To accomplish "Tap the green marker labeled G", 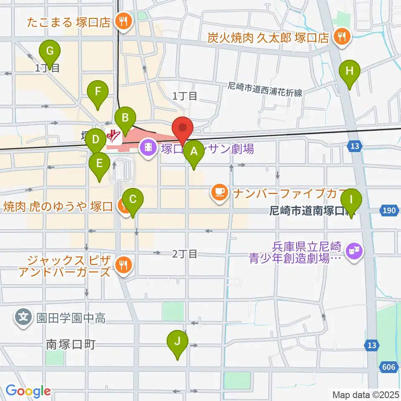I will tap(50, 52).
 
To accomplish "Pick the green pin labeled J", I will tap(178, 342).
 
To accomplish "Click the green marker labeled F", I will tap(98, 91).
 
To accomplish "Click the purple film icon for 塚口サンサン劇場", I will tap(148, 147).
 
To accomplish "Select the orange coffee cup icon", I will tap(220, 193).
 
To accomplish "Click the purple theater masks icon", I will tap(354, 251).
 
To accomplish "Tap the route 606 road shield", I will tap(388, 367).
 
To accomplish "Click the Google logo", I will tap(28, 391).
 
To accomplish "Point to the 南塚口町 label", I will tap(71, 345).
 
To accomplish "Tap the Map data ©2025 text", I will tap(365, 394).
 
